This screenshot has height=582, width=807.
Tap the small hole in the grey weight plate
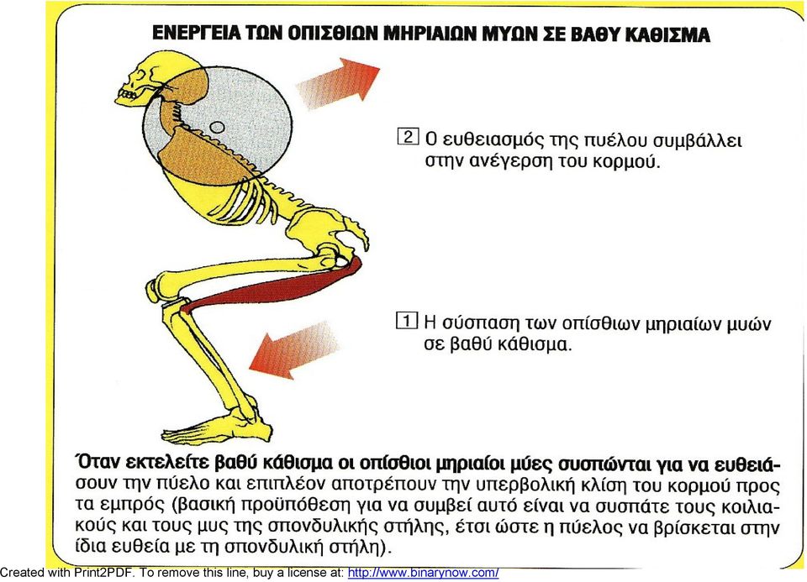(x=217, y=127)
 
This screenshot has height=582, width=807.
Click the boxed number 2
(x=408, y=137)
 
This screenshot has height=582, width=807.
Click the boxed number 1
(x=407, y=320)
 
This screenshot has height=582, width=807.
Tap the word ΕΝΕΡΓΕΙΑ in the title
(x=196, y=34)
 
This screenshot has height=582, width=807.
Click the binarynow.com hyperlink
(x=423, y=572)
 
